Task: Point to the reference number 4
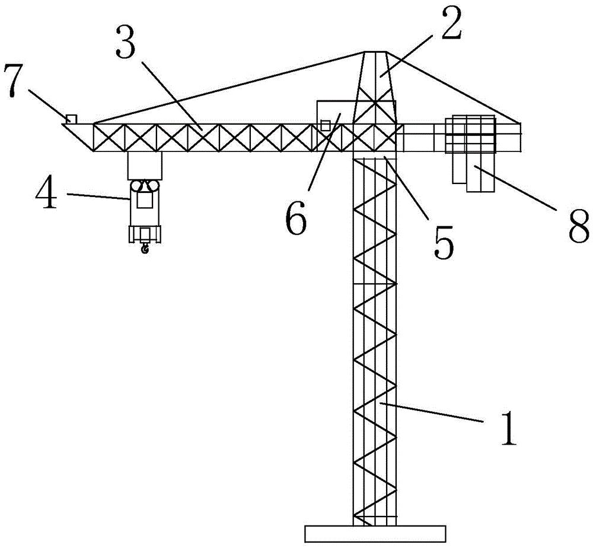pos(46,194)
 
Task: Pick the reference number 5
pos(443,242)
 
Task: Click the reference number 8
pos(579,226)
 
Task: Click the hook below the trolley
pos(144,248)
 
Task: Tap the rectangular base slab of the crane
pos(375,534)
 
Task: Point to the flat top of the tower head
pos(375,52)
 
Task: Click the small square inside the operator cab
pos(325,125)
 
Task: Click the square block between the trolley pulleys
pos(144,199)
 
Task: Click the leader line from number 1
pos(432,413)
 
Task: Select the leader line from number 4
pos(99,196)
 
